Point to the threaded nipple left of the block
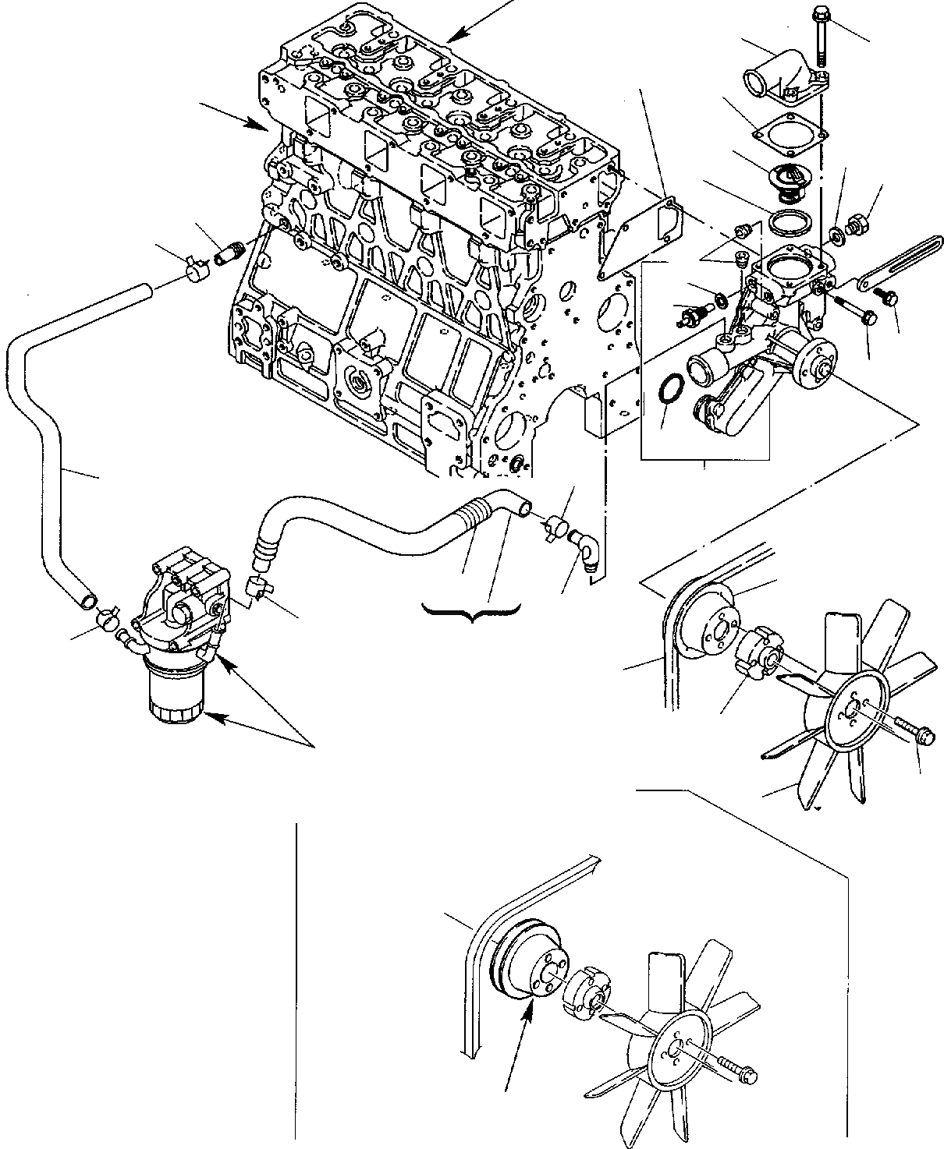coord(232,253)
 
